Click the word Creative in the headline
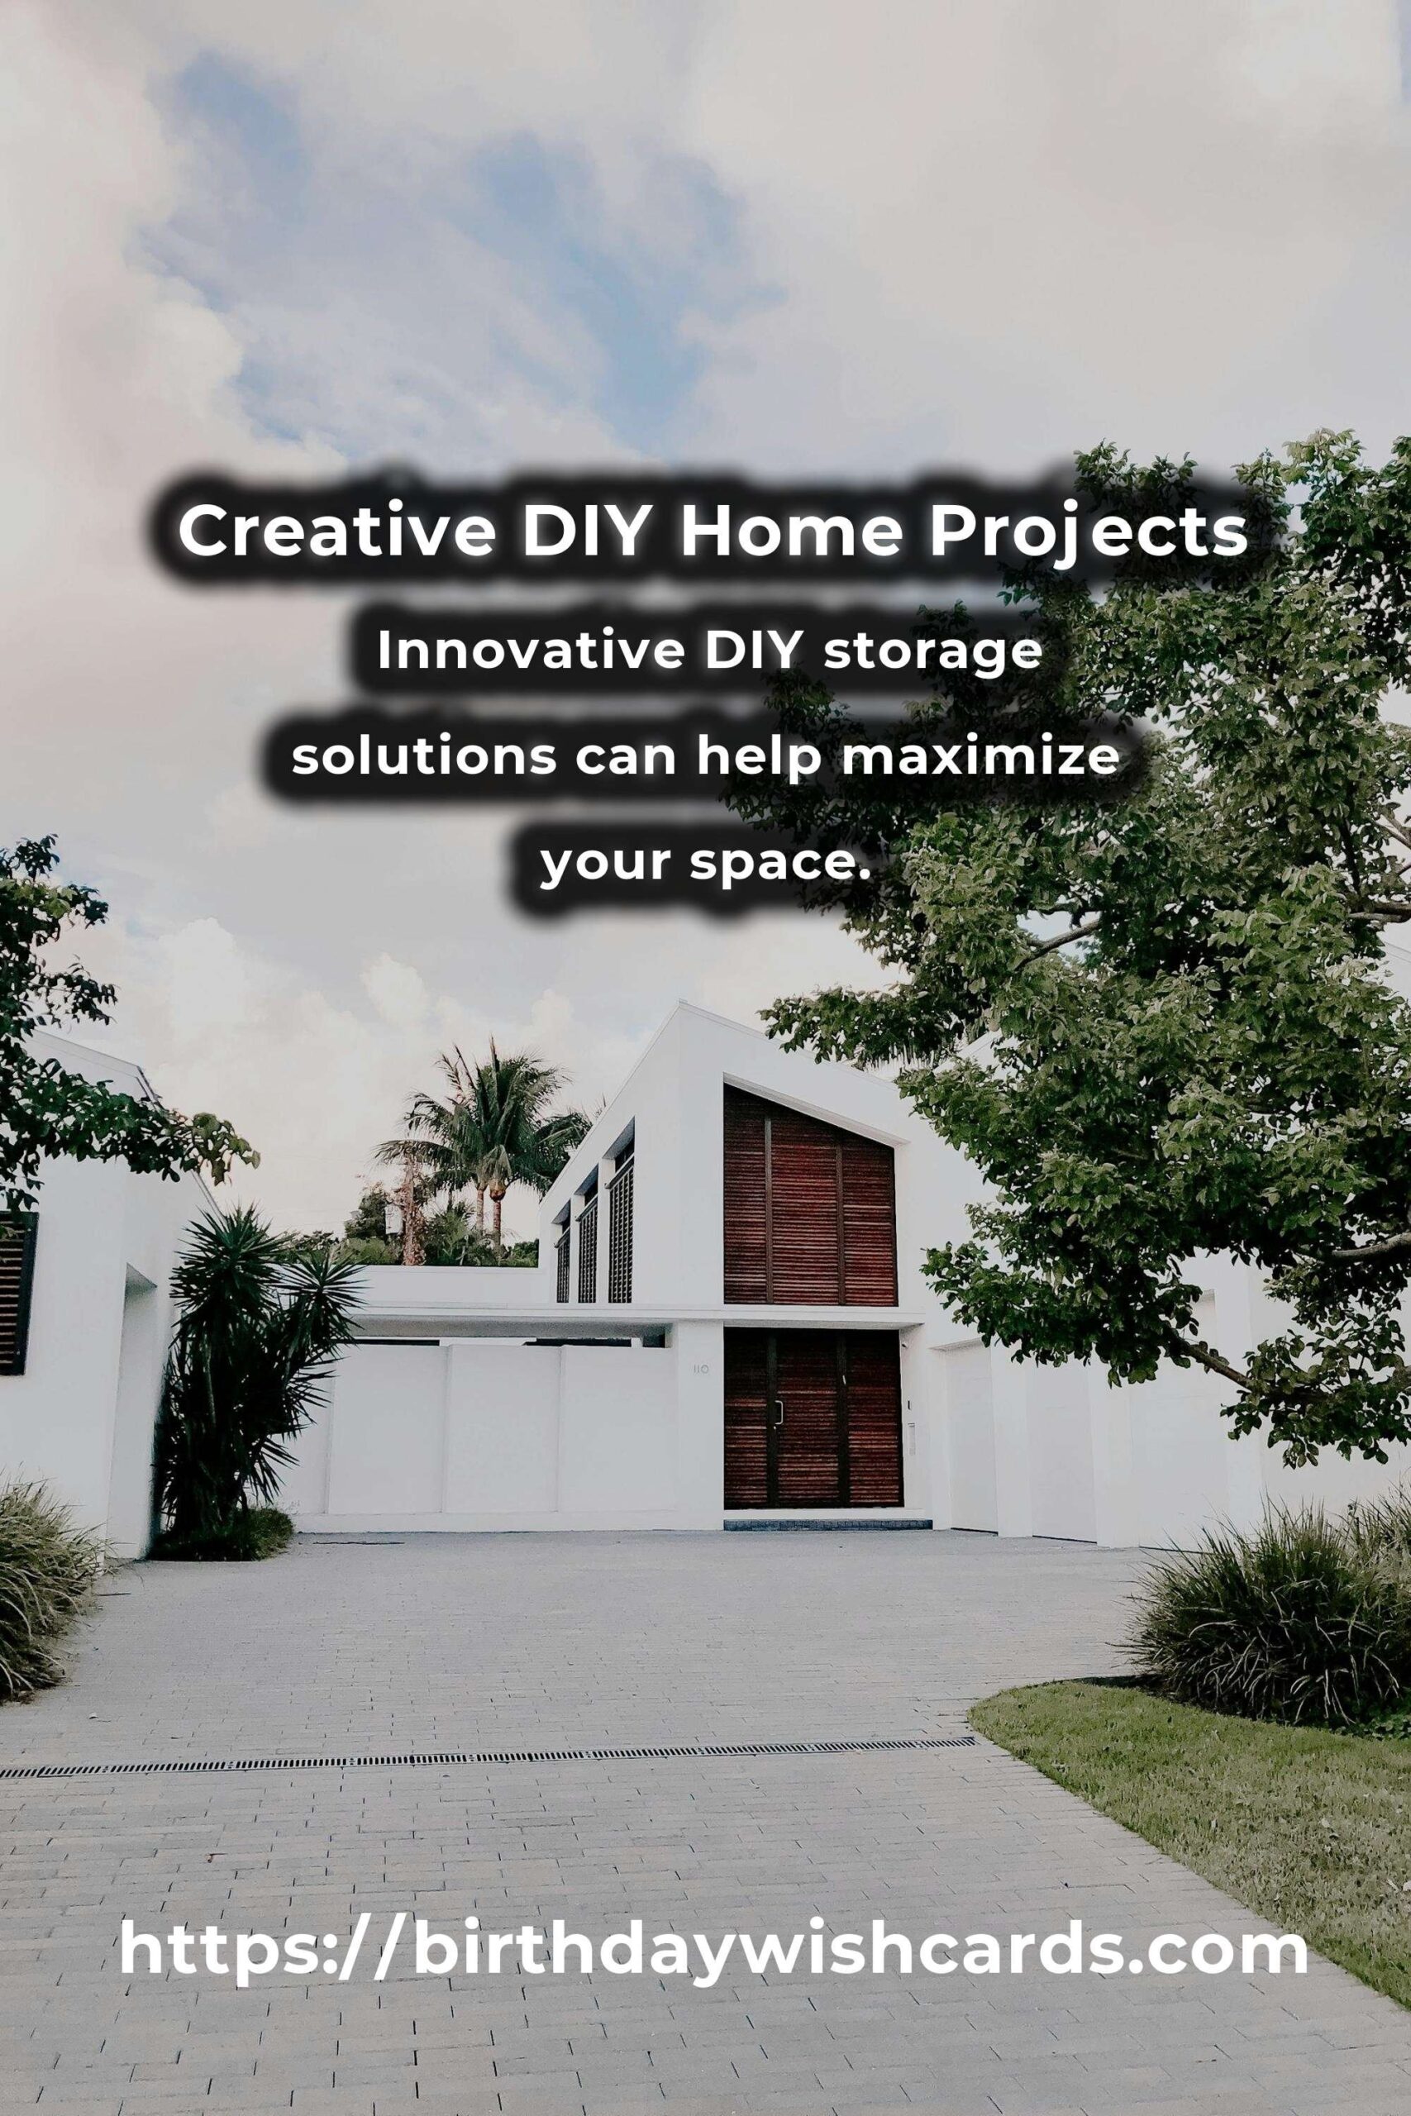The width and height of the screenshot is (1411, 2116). tap(336, 531)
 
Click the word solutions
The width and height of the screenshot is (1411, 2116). tap(423, 756)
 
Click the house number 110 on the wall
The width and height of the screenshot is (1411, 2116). tap(701, 1370)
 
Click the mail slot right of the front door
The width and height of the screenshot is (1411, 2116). tap(913, 1431)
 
